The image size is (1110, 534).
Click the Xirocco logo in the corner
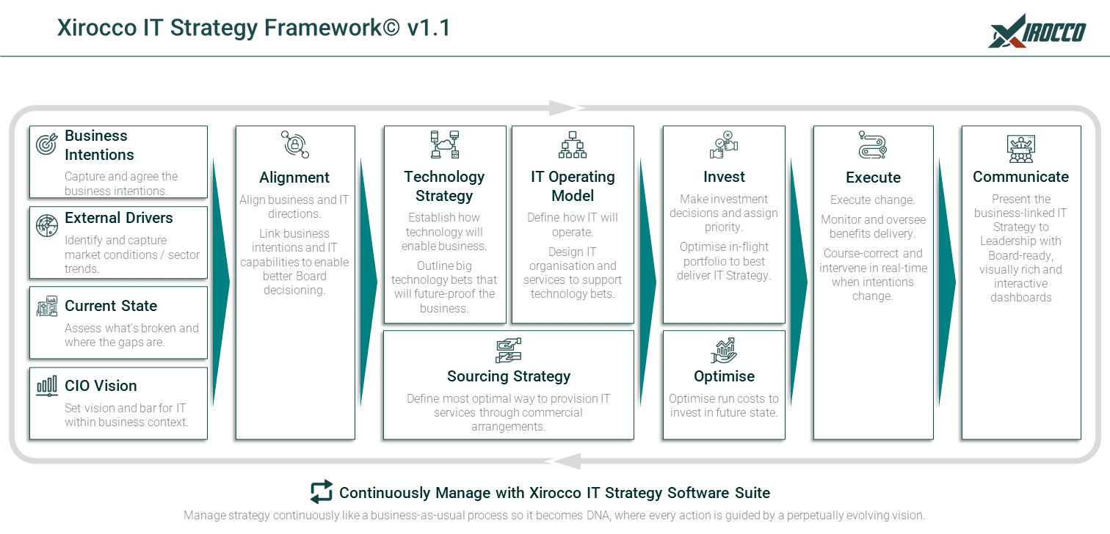(1037, 31)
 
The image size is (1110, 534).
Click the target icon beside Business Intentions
(46, 145)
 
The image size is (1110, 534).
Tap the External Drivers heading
(119, 218)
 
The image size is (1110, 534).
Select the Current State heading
(111, 306)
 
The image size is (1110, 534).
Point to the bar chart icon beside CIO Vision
(46, 386)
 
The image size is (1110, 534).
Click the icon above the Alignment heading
(295, 145)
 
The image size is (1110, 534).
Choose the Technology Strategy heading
(444, 186)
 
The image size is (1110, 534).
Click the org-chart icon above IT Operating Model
(573, 145)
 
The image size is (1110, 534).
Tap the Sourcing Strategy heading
(509, 376)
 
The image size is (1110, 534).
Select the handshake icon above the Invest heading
(724, 145)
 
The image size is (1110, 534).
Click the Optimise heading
(724, 376)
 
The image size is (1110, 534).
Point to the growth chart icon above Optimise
(724, 351)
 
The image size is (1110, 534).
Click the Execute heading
(873, 178)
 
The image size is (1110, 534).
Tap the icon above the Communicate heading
(1021, 148)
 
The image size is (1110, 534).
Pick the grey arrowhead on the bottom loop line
(564, 461)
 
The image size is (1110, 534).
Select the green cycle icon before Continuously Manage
(321, 492)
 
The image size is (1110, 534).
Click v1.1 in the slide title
(429, 28)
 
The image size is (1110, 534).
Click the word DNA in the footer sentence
(595, 516)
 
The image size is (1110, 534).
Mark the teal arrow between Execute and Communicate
(947, 282)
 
